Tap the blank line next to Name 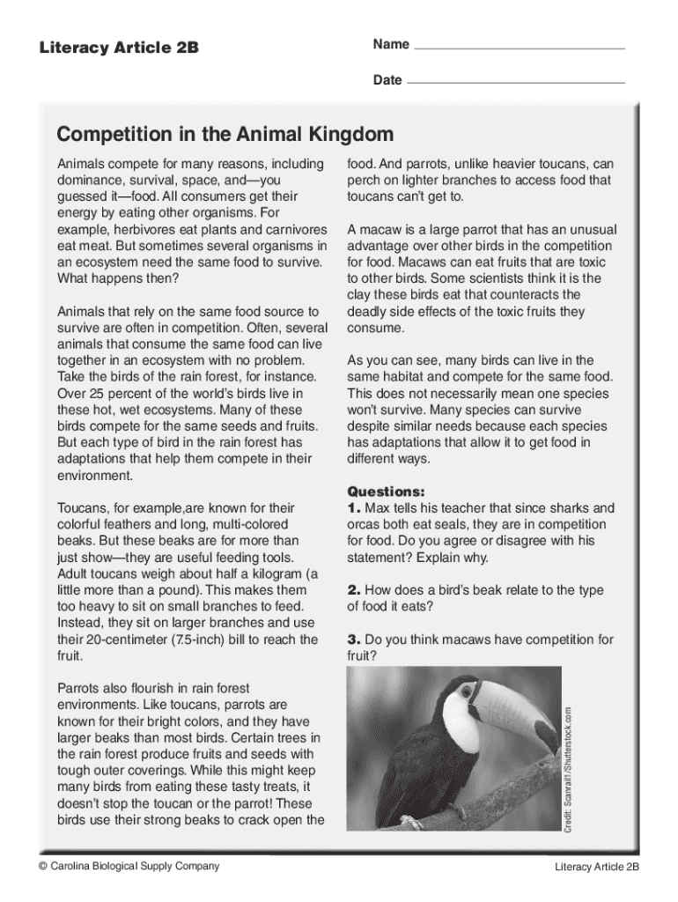tap(519, 47)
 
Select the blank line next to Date tap(516, 81)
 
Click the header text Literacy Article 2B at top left tap(119, 48)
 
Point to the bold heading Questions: tap(387, 492)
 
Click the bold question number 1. tap(354, 508)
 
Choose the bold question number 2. tap(354, 590)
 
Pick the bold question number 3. tap(354, 640)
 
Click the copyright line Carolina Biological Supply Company tap(129, 866)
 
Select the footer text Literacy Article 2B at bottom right tap(597, 867)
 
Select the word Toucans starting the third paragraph tap(84, 508)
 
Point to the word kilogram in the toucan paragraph tap(267, 574)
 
